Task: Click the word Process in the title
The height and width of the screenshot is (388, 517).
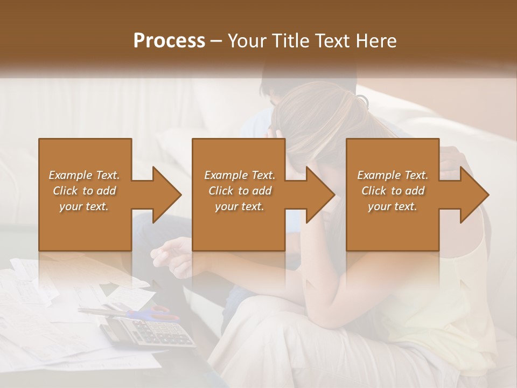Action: (169, 41)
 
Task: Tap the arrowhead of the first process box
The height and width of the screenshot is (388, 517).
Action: (167, 195)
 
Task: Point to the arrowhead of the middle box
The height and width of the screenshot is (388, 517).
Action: (320, 195)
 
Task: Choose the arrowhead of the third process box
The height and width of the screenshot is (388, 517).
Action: (474, 195)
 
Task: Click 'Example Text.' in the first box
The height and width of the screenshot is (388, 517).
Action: (84, 175)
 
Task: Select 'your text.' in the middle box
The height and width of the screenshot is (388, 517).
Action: (239, 206)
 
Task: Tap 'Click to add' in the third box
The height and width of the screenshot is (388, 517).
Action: (393, 191)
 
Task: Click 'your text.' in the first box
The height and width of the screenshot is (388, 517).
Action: (84, 206)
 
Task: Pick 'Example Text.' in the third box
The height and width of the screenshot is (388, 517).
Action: (393, 175)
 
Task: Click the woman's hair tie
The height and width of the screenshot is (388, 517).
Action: (362, 100)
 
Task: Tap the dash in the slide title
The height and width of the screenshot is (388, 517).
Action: (216, 41)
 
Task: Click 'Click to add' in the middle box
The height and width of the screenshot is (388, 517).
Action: (240, 191)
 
